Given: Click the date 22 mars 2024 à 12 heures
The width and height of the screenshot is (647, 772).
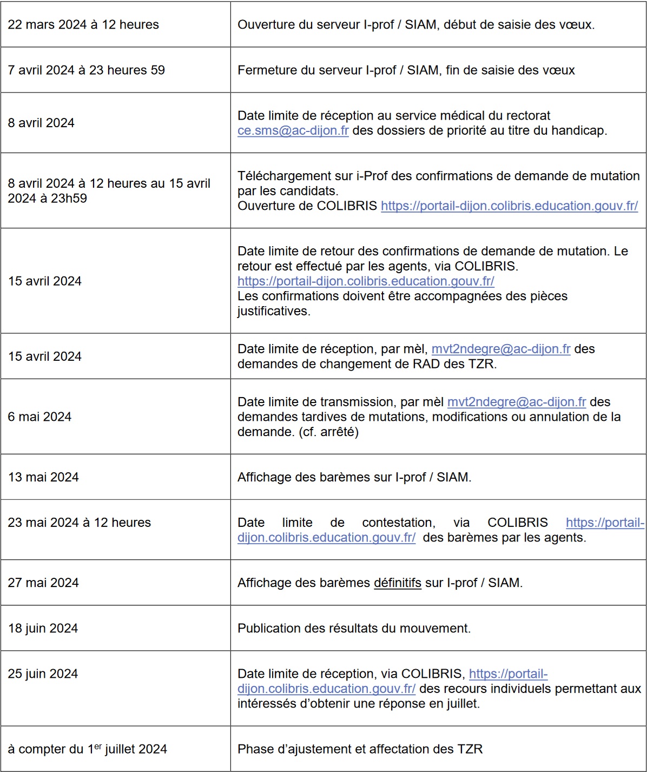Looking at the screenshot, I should pos(83,25).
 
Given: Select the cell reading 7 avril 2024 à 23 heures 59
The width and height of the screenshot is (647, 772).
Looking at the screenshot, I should pos(86,70).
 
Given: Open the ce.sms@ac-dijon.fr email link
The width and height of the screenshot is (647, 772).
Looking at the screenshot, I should pos(293,131).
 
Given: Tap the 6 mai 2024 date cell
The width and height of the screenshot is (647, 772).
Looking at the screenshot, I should pos(39,417).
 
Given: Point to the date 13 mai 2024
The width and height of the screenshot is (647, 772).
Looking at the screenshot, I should pos(43,478).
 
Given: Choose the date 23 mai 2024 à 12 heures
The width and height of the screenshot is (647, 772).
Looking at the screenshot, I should pos(79,523).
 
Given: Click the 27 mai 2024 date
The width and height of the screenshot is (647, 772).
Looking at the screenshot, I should pos(43,583).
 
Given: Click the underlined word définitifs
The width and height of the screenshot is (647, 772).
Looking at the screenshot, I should pos(397,583).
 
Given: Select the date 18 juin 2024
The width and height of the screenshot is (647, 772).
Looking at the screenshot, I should pos(43,629).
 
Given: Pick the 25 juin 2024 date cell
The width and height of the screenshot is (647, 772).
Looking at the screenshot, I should pos(43,674).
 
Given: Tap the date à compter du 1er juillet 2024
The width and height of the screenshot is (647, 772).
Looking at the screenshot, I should pos(87,749).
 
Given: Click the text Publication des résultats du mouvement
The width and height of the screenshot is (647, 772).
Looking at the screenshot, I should pos(354,629).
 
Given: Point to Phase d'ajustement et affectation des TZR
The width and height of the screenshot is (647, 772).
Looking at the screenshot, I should pos(360,749).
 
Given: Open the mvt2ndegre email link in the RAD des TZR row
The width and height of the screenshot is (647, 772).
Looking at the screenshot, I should pos(501,349).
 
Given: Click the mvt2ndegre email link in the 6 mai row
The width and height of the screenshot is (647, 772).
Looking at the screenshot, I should pos(517,403).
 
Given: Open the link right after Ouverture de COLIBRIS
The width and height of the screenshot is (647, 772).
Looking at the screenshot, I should pos(509,206).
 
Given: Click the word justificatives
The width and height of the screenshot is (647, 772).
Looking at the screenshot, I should pos(273,312).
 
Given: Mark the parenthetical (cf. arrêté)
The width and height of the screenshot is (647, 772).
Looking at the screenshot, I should pos(328,432).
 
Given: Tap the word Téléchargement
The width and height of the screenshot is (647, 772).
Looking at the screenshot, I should pos(287,176).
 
